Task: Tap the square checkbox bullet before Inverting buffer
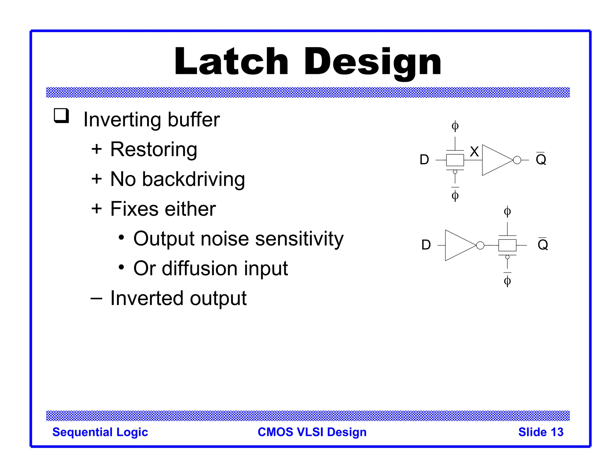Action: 61,116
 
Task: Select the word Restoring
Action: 154,149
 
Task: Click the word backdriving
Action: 193,179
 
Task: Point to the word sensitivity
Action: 299,239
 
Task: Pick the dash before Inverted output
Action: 96,298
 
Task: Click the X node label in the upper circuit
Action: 474,152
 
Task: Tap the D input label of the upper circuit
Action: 424,160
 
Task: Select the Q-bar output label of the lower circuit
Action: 543,244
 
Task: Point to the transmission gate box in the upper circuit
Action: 455,160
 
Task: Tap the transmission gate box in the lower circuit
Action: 507,245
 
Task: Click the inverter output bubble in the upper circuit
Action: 517,160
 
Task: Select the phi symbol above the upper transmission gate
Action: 455,126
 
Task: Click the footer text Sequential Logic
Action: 100,432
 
